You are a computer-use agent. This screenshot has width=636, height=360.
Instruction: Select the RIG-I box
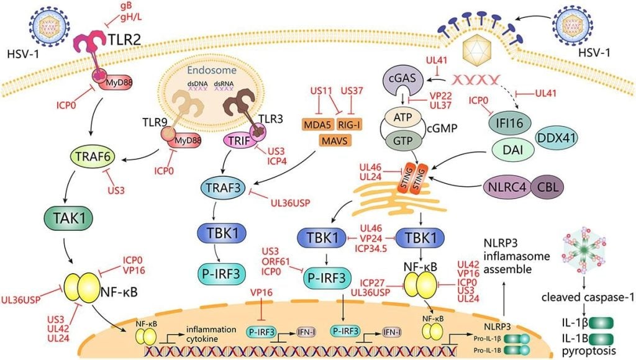(x=352, y=124)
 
